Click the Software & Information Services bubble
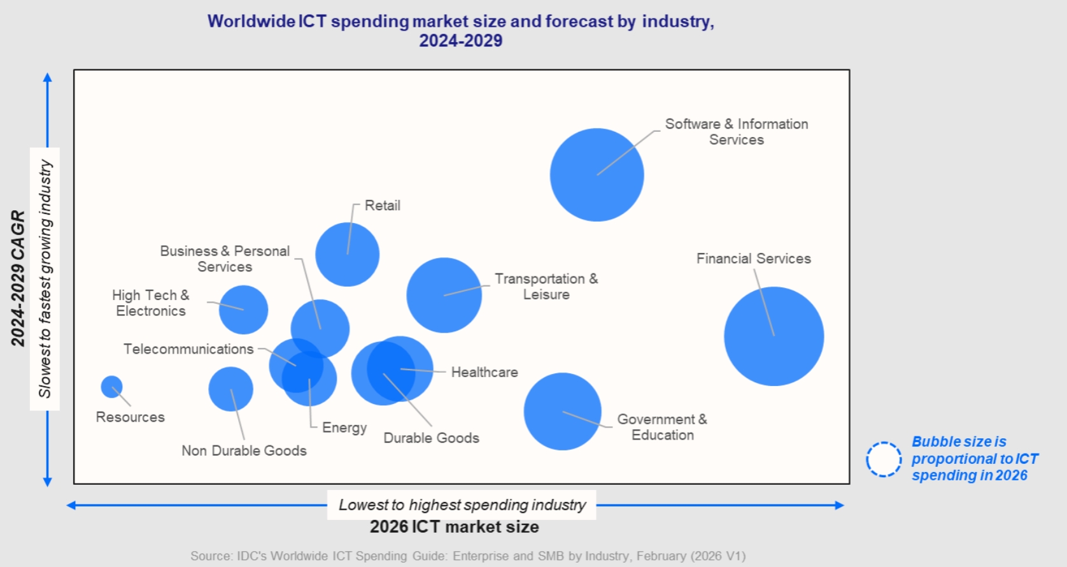point(597,175)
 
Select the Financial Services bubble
point(774,336)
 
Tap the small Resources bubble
point(111,387)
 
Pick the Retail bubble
point(347,254)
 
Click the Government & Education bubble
point(562,412)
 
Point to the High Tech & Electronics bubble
point(243,310)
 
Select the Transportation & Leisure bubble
point(444,295)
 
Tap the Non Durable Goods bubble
point(230,389)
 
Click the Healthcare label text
point(484,372)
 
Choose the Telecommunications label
point(188,349)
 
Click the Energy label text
point(344,427)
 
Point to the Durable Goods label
point(431,438)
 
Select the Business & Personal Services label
point(225,259)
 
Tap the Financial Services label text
point(753,259)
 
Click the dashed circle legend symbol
point(884,459)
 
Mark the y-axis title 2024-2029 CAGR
point(18,278)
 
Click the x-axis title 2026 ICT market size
point(454,527)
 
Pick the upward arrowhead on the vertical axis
point(47,78)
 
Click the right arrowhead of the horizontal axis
point(840,505)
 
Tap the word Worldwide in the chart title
point(251,22)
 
